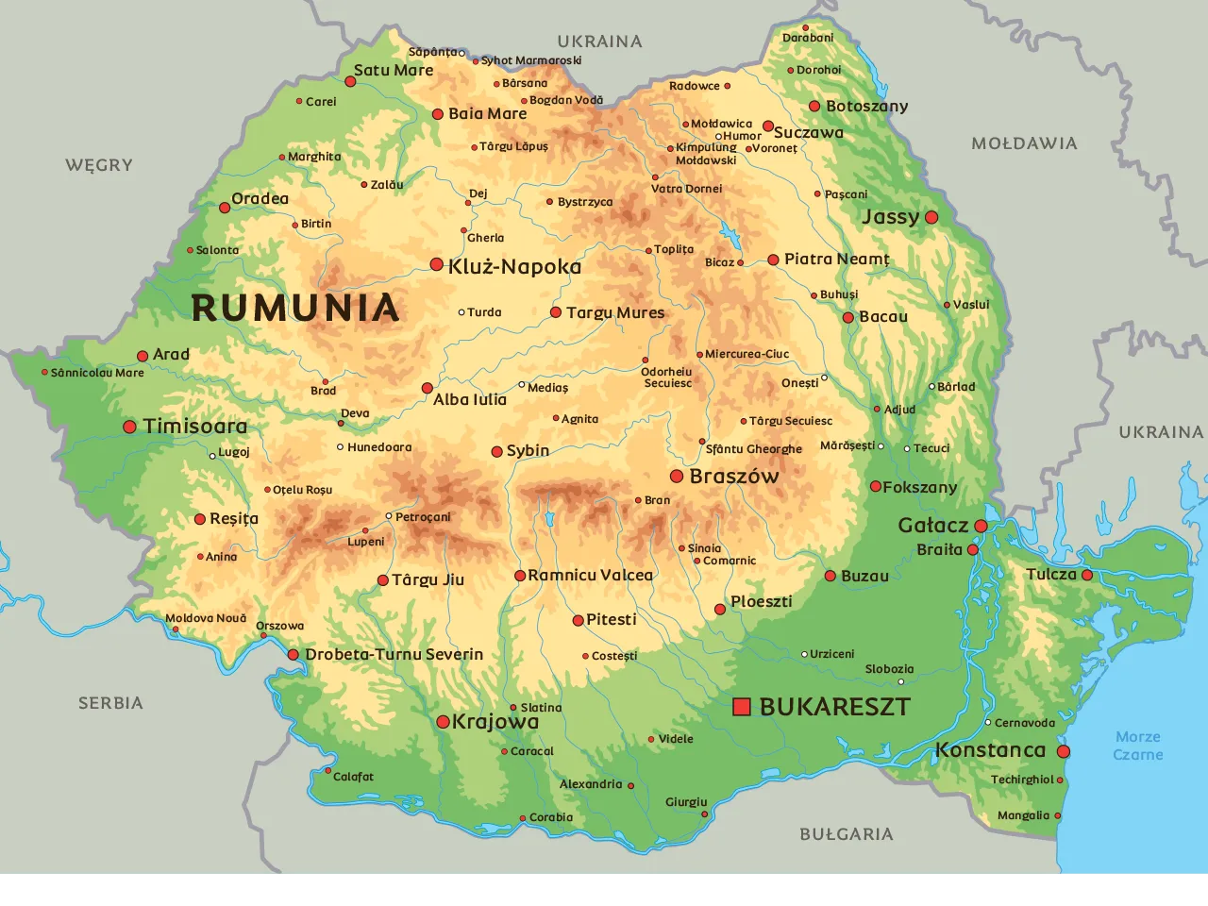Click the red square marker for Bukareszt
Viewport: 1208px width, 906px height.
(x=742, y=706)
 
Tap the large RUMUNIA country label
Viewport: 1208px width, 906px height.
(x=295, y=309)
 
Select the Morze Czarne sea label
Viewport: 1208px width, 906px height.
(x=1137, y=746)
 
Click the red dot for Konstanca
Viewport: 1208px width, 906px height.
(x=1064, y=752)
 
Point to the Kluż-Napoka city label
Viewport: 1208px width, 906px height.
(x=514, y=267)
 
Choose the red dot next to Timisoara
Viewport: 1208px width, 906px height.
(x=130, y=427)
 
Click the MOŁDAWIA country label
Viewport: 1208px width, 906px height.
(x=1024, y=143)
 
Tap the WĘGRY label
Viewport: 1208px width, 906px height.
(x=99, y=165)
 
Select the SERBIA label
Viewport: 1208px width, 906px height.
(x=110, y=703)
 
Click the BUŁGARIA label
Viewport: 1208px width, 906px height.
(x=846, y=834)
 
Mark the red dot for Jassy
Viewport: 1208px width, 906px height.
(x=931, y=217)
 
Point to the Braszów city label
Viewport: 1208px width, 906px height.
(x=734, y=477)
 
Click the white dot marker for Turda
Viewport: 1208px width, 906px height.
(x=461, y=312)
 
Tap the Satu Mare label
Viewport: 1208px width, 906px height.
(x=394, y=70)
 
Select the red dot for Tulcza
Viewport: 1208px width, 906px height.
(x=1087, y=575)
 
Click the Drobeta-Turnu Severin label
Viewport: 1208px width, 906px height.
(x=394, y=654)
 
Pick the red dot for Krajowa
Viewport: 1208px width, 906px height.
(x=443, y=722)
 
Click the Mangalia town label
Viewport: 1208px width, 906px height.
(x=1023, y=815)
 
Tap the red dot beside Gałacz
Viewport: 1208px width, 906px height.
(x=981, y=526)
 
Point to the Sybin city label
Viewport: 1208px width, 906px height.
(x=528, y=451)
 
